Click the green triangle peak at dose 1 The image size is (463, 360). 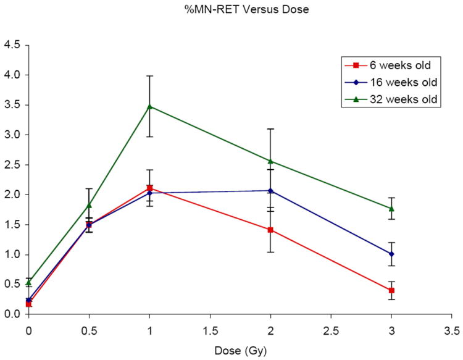(x=149, y=106)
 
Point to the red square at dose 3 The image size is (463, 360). (x=392, y=290)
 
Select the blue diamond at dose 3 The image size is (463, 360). (x=392, y=254)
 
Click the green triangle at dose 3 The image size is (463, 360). (x=392, y=209)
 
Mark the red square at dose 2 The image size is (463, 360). (x=270, y=230)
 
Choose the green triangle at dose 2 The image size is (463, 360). (x=270, y=161)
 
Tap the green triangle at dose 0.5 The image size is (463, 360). (x=89, y=205)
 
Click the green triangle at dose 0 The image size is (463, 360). (x=28, y=282)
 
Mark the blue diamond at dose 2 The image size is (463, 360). (x=270, y=190)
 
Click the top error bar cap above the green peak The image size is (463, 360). (x=149, y=76)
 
